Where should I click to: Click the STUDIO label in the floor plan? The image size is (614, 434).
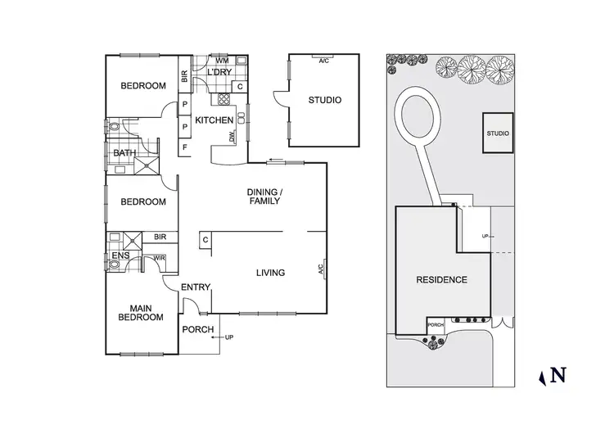pyautogui.click(x=324, y=101)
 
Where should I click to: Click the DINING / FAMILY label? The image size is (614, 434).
pyautogui.click(x=264, y=197)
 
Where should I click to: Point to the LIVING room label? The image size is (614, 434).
pyautogui.click(x=270, y=273)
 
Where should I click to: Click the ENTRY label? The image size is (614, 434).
pyautogui.click(x=196, y=287)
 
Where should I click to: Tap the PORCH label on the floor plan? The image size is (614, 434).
pyautogui.click(x=198, y=330)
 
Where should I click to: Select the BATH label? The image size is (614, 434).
pyautogui.click(x=124, y=153)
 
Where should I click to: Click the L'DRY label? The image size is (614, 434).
pyautogui.click(x=220, y=73)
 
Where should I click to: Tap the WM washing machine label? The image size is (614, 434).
pyautogui.click(x=221, y=61)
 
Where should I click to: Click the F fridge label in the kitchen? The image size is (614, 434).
pyautogui.click(x=185, y=147)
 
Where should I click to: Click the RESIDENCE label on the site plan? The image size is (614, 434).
pyautogui.click(x=441, y=279)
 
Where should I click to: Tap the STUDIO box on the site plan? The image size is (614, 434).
pyautogui.click(x=497, y=133)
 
